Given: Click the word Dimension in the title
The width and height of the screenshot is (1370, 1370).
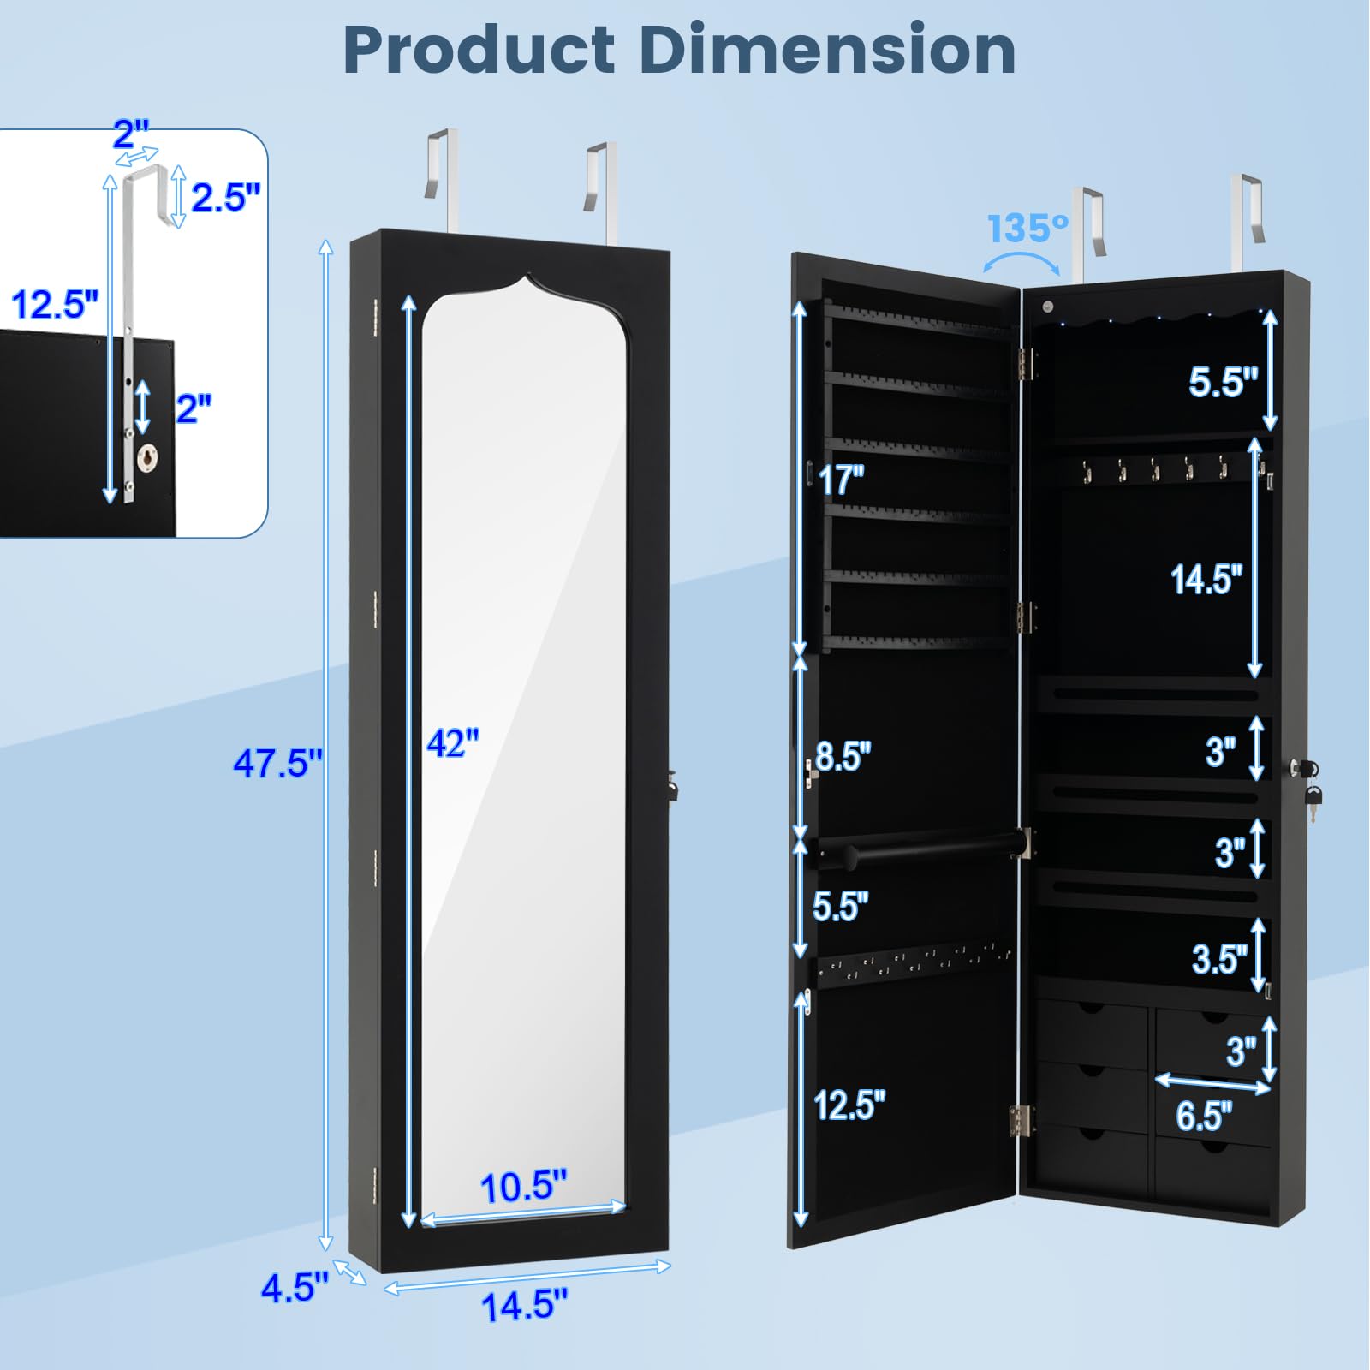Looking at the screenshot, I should pyautogui.click(x=827, y=50).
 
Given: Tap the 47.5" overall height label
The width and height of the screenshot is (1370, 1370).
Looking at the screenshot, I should pyautogui.click(x=277, y=762).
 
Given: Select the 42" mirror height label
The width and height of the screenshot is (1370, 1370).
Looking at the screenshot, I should pyautogui.click(x=453, y=742).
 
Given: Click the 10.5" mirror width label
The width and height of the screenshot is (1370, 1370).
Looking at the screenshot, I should pyautogui.click(x=523, y=1187).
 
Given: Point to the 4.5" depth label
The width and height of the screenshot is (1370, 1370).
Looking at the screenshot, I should pyautogui.click(x=295, y=1287).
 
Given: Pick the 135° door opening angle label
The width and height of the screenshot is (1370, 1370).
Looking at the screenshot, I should pyautogui.click(x=1027, y=229).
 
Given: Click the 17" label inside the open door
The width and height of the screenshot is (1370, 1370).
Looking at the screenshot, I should pyautogui.click(x=841, y=479).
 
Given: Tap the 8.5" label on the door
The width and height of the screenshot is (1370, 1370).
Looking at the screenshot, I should pyautogui.click(x=843, y=757).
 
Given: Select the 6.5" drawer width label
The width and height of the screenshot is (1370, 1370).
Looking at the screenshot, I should pyautogui.click(x=1204, y=1116).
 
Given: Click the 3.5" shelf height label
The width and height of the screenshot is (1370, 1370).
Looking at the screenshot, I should pyautogui.click(x=1219, y=959).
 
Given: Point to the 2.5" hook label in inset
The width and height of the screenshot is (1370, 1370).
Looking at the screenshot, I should pyautogui.click(x=225, y=198).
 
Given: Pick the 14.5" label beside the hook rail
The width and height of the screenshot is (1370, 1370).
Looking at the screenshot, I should pyautogui.click(x=1206, y=580).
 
